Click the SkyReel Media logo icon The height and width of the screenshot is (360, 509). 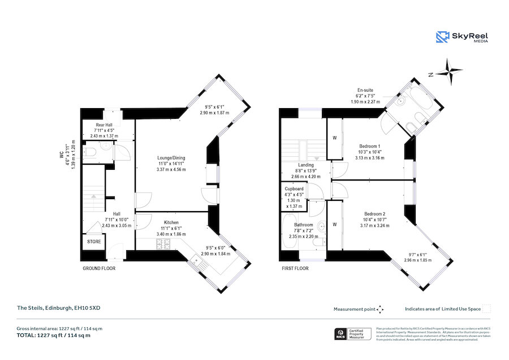(442, 37)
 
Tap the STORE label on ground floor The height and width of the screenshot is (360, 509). (93, 242)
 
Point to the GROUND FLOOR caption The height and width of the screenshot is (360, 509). (99, 268)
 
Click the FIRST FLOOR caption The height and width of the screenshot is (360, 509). (295, 268)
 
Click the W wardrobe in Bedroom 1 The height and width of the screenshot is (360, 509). (335, 138)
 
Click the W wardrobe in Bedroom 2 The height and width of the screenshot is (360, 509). (335, 225)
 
